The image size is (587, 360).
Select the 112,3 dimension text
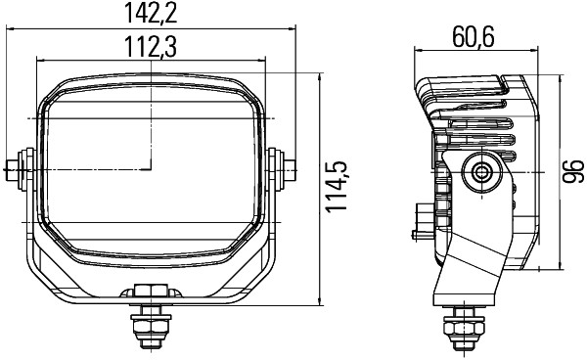point(150,46)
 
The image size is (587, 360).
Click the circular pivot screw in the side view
point(481,172)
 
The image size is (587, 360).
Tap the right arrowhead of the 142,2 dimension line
point(292,29)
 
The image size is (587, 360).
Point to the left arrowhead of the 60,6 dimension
point(418,51)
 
